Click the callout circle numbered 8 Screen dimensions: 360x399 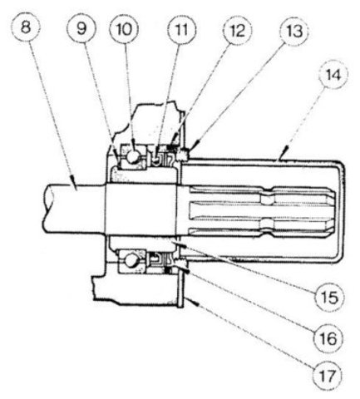pos(26,27)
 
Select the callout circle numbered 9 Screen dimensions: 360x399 pos(81,28)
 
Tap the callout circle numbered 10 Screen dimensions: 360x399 pos(124,29)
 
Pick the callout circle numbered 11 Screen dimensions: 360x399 pos(182,29)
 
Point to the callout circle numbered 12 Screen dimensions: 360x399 pos(238,31)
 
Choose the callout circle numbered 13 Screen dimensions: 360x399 pos(294,32)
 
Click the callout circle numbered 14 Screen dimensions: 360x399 pos(333,75)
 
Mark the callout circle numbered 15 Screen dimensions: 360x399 pos(329,297)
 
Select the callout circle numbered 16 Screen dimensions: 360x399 pos(329,338)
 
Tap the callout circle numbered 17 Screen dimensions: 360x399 pos(327,376)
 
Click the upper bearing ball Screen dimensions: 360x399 pos(133,156)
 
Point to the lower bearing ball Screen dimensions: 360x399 pos(131,260)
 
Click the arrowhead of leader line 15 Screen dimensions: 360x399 pos(180,245)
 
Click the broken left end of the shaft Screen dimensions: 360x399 pos(48,209)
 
